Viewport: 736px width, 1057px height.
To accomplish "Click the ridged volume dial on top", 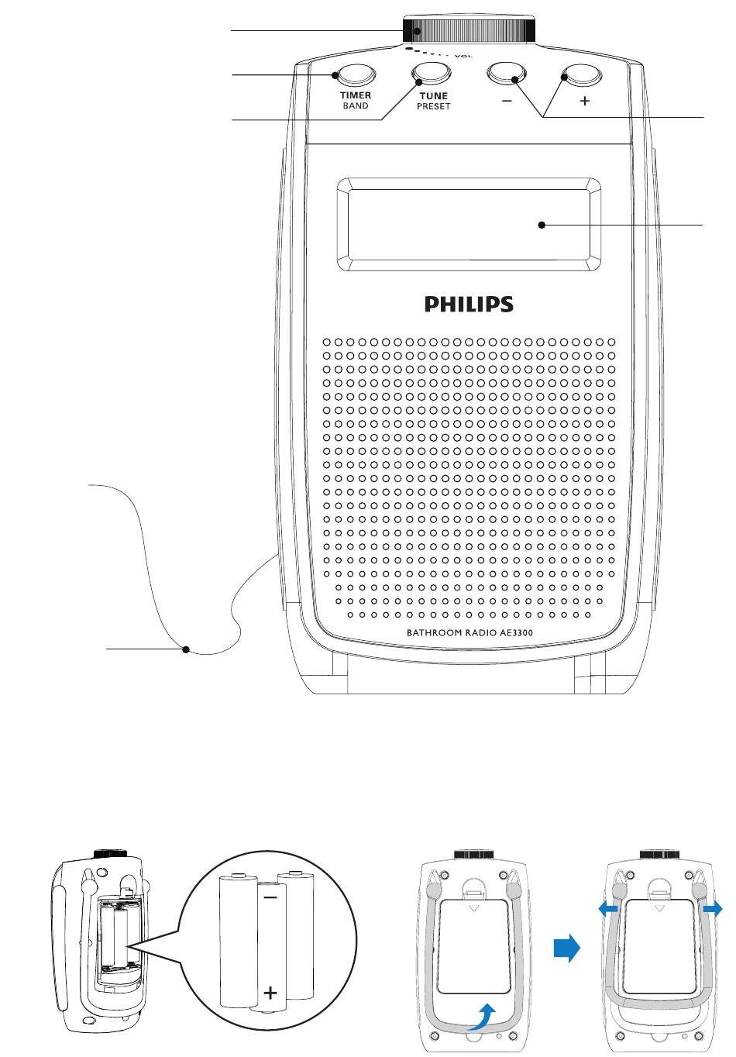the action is (469, 30).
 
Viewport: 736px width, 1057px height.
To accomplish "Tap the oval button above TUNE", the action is (432, 74).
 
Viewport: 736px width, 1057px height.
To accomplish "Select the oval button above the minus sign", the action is (507, 74).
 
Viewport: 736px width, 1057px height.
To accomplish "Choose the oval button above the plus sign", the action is (582, 74).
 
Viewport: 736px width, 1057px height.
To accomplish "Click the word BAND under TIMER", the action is (356, 105).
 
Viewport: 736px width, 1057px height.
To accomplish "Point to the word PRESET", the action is (434, 106).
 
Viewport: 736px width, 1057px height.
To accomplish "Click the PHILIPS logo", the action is (469, 304).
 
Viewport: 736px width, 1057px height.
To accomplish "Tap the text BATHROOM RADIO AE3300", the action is (470, 632).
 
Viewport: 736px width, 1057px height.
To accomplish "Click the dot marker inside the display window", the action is (542, 225).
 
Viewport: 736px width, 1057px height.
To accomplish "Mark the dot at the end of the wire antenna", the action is (186, 649).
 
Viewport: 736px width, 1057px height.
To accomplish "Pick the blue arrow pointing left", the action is (608, 909).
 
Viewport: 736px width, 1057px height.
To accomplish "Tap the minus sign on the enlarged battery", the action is (270, 897).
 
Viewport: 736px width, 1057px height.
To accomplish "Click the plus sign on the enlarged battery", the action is (270, 993).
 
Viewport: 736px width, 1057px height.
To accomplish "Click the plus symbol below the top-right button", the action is (585, 101).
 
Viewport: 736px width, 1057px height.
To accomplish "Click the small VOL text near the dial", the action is (463, 56).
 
